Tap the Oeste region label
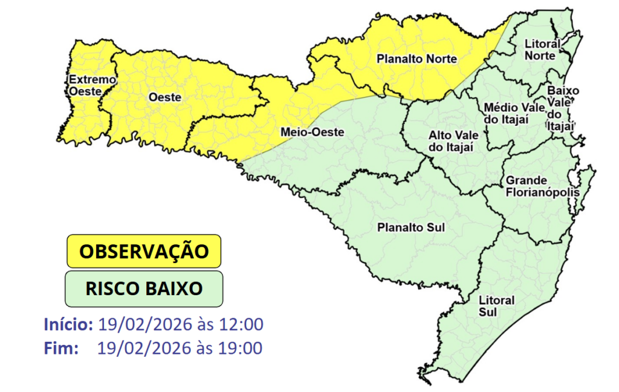[165, 97]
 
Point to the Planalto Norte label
[416, 59]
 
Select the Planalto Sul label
[410, 228]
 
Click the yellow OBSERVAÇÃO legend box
[144, 251]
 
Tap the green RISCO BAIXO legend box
[144, 288]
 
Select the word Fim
[61, 348]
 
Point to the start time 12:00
[242, 324]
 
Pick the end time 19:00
[242, 348]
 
